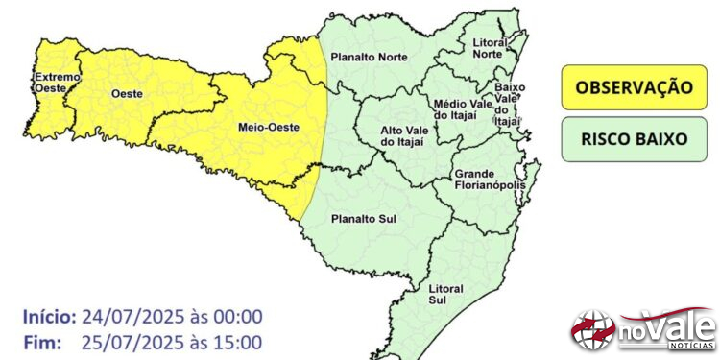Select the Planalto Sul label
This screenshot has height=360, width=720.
[364, 220]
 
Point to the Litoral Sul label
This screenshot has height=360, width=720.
[445, 295]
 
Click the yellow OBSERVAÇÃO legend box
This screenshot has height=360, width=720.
[634, 87]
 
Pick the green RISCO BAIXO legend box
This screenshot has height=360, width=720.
[634, 138]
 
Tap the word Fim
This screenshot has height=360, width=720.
[38, 342]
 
